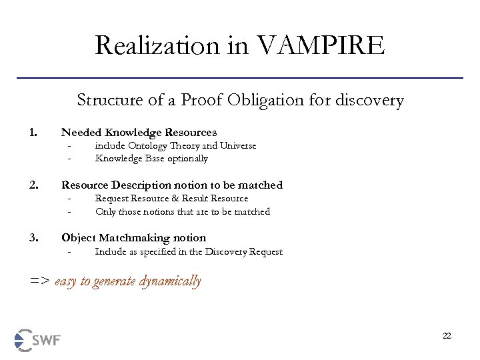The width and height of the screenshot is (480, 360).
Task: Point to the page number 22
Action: point(447,335)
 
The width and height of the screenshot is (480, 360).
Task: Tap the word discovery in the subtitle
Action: point(371,101)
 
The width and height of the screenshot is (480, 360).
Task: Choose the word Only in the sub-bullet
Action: point(104,211)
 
